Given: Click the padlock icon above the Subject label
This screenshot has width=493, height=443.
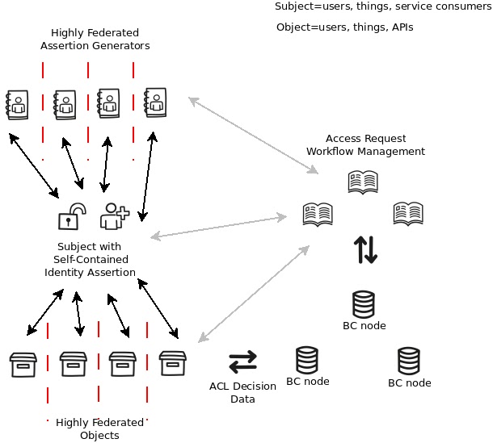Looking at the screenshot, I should (x=72, y=216).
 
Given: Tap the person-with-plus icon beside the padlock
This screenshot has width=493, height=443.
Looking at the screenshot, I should (x=113, y=216).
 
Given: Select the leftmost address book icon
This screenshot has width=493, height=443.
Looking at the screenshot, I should (x=17, y=103).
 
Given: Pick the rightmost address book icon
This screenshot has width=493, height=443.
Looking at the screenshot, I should (x=156, y=102).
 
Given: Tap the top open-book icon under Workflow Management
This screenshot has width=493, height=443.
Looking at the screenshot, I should (x=362, y=182).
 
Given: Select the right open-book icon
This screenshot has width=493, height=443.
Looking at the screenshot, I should (x=408, y=213).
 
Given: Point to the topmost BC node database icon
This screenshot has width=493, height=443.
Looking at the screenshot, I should (x=364, y=304).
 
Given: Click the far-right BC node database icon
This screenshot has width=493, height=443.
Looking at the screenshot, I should (x=409, y=360).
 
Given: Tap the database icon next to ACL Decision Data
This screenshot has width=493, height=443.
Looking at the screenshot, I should (x=307, y=360).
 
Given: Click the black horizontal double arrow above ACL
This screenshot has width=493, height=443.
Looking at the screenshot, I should (x=242, y=360).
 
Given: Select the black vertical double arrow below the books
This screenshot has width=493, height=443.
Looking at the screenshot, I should (x=365, y=250).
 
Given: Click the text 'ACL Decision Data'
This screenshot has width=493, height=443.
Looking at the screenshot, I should (x=242, y=392).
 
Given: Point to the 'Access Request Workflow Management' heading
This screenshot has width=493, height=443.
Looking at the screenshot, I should (x=365, y=144).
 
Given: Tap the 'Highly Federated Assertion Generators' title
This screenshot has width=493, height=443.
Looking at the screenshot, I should (x=95, y=40).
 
